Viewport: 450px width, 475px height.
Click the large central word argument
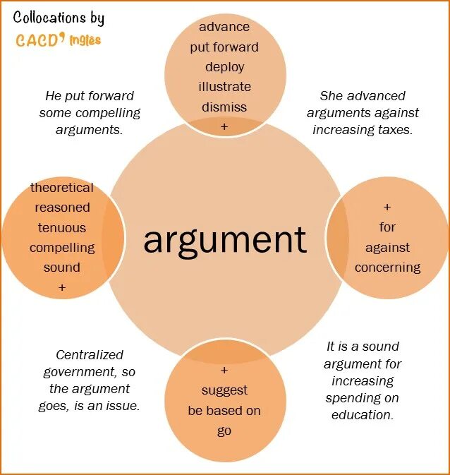pos(225,240)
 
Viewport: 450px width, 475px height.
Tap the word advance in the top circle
pos(224,27)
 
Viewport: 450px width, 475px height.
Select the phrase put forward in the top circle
pos(224,47)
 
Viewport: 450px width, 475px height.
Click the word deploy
pos(224,67)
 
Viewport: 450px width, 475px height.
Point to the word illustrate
pos(224,87)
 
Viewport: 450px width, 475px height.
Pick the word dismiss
pos(224,107)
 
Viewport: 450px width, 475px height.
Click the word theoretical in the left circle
pos(62,188)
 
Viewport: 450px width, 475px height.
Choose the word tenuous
pos(62,228)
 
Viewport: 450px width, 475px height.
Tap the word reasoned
pos(62,208)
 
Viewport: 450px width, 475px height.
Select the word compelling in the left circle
pos(62,248)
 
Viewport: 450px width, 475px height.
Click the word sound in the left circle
pos(62,267)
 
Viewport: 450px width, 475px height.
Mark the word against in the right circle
pos(387,248)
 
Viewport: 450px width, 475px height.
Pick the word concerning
pos(387,267)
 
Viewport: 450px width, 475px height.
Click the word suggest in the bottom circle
pos(224,390)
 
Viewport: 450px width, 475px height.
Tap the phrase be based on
pos(224,411)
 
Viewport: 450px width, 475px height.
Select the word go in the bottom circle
pos(224,431)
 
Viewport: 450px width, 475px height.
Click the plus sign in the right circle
pos(387,208)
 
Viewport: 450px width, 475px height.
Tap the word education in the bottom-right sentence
pos(363,415)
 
